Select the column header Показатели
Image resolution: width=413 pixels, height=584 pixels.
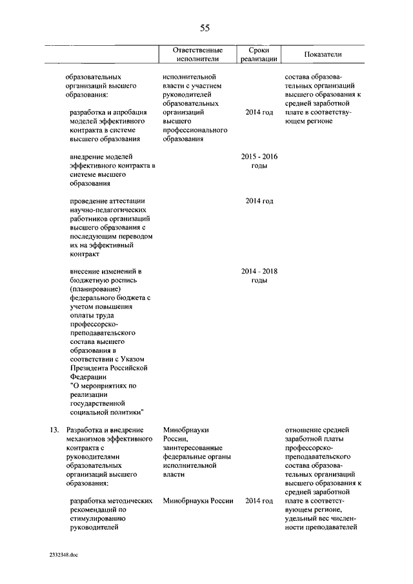pos(323,54)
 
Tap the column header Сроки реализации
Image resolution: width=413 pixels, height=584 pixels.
pos(259,54)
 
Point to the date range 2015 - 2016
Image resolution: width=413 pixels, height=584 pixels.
pos(259,156)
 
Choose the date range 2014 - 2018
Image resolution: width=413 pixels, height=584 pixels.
pos(259,271)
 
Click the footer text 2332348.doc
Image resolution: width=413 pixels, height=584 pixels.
pos(63,555)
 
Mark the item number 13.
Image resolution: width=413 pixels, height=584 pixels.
pos(55,429)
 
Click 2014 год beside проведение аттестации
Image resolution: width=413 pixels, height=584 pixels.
pos(259,201)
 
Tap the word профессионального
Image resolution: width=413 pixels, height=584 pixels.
pos(196,130)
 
